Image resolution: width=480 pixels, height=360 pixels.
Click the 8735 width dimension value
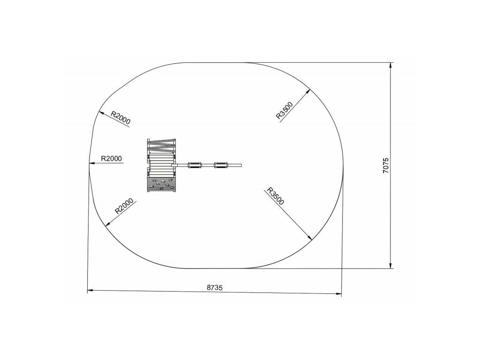pyautogui.click(x=215, y=288)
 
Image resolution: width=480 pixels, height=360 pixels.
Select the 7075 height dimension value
pyautogui.click(x=386, y=165)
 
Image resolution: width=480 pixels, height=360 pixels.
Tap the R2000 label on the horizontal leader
pyautogui.click(x=112, y=158)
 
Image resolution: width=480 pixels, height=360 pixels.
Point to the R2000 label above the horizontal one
pyautogui.click(x=120, y=118)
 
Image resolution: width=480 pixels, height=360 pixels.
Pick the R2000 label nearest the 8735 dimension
pyautogui.click(x=124, y=206)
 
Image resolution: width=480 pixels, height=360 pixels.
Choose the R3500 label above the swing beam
pyautogui.click(x=285, y=110)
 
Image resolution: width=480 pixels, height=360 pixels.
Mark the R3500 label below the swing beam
pyautogui.click(x=276, y=196)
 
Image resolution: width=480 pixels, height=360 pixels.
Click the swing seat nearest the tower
pyautogui.click(x=195, y=165)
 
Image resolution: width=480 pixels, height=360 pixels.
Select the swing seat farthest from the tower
pyautogui.click(x=221, y=165)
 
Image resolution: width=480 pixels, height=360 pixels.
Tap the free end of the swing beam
pyautogui.click(x=241, y=165)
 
